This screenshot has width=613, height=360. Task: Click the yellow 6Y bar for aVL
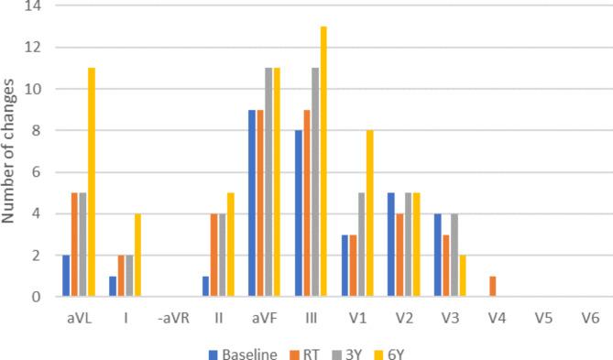click(92, 182)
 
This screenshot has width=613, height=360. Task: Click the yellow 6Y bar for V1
click(369, 213)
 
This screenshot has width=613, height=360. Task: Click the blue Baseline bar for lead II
click(206, 286)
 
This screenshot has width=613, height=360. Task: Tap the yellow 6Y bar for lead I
click(137, 255)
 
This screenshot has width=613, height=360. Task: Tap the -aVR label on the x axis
click(170, 318)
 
